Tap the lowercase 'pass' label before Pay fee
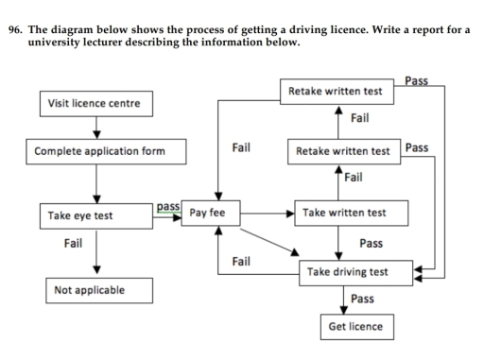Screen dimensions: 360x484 (168, 205)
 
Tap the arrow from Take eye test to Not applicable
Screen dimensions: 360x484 (95, 250)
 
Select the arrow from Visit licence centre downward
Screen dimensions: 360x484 (95, 126)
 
